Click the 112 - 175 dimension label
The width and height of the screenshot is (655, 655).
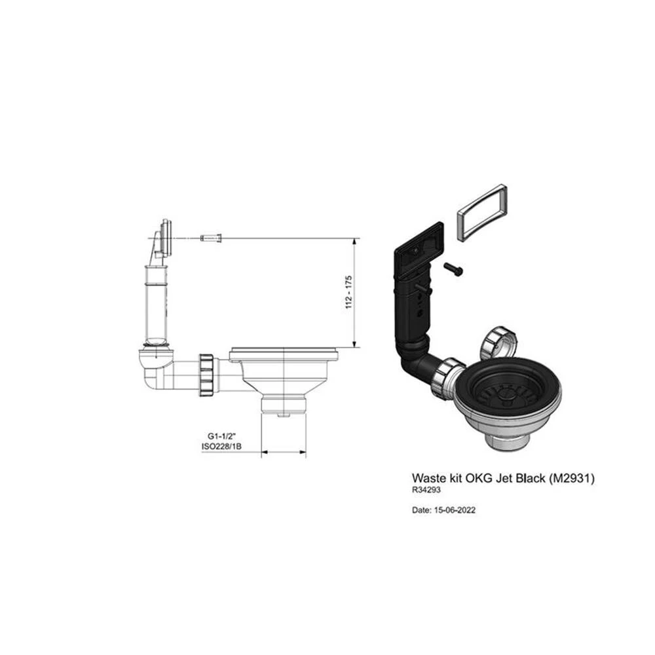[x=349, y=292]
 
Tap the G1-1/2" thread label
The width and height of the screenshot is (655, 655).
[x=222, y=437]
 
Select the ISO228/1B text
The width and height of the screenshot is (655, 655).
[x=221, y=447]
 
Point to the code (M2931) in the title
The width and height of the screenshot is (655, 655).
[x=571, y=478]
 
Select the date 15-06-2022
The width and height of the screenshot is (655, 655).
[x=455, y=510]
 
